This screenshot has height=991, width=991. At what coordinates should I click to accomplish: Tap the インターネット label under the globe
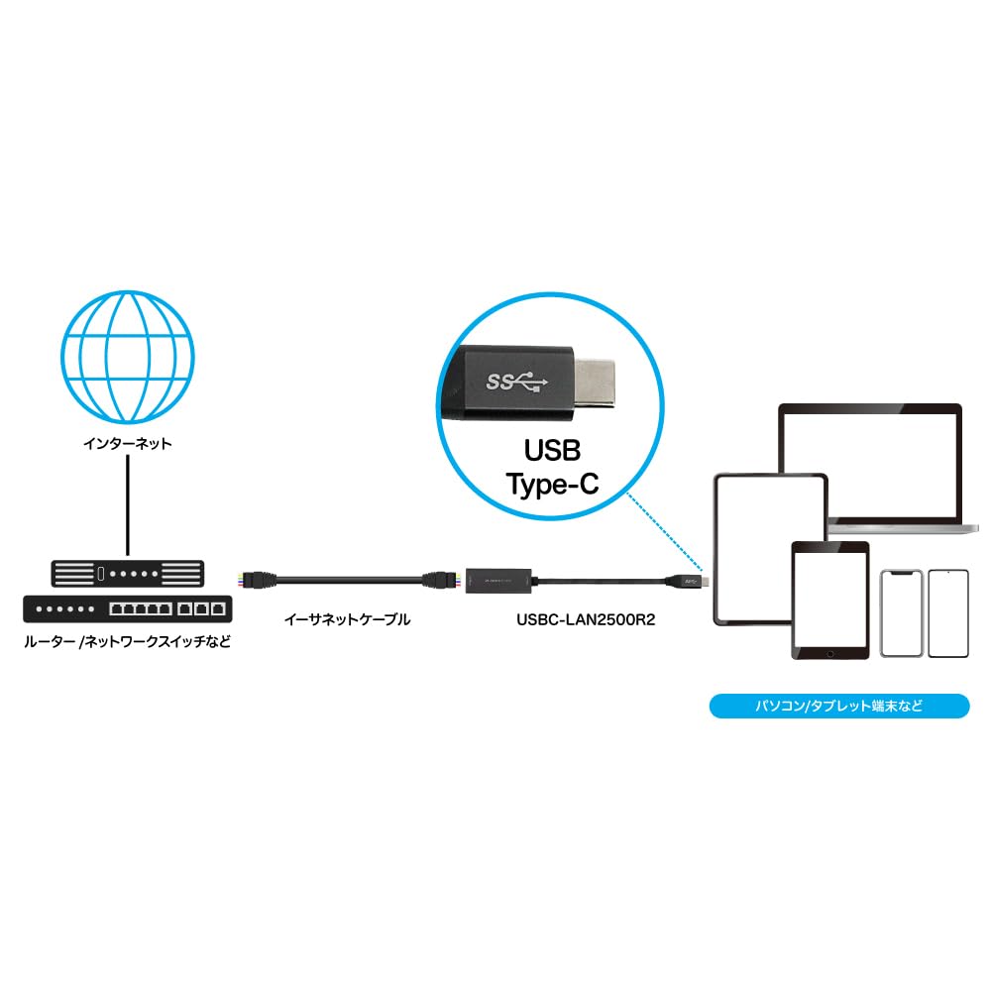[127, 443]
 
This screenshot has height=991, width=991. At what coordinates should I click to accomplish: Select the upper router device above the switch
[127, 572]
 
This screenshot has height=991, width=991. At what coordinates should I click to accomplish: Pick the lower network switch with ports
[127, 605]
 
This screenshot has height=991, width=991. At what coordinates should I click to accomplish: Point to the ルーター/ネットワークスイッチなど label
[127, 640]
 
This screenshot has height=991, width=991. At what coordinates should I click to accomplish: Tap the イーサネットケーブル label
[347, 620]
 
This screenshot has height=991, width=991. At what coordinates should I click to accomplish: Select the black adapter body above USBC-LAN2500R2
[499, 577]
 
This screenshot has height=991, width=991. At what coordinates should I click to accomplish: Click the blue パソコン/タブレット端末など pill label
[839, 708]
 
